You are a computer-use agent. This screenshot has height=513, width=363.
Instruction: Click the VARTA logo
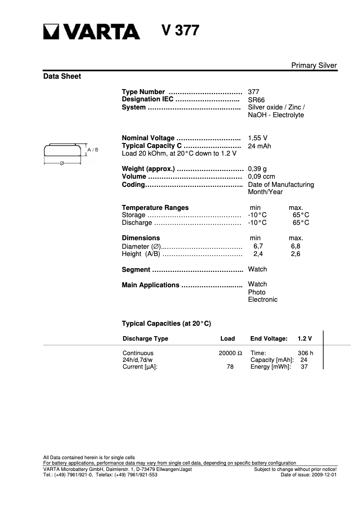(91, 32)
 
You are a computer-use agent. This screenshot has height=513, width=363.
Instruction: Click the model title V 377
(180, 31)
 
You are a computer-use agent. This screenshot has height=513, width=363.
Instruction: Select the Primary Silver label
(314, 66)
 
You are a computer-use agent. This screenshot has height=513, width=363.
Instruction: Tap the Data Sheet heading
(62, 76)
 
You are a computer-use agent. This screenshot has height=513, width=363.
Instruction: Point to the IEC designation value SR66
(256, 100)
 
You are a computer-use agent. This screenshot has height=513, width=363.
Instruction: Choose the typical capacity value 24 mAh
(259, 146)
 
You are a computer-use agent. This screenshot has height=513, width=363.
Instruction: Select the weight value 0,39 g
(257, 169)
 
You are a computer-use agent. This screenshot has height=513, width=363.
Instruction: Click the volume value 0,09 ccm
(261, 177)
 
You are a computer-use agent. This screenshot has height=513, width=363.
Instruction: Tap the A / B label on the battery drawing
(93, 149)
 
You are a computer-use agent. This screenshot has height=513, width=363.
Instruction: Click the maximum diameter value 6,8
(296, 246)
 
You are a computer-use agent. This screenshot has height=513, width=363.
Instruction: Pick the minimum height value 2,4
(258, 254)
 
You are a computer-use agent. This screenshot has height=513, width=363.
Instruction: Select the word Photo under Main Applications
(257, 292)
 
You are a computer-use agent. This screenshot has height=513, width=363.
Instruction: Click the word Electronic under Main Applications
(263, 299)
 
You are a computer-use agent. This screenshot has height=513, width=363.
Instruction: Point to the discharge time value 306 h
(306, 353)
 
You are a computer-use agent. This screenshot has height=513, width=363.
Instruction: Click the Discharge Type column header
(145, 338)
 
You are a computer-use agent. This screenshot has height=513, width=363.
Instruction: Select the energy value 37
(304, 367)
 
